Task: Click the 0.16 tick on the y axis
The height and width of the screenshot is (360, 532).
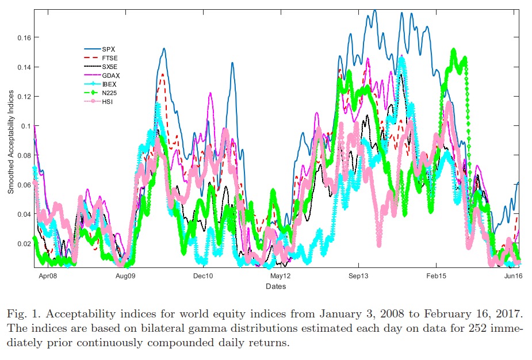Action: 23,37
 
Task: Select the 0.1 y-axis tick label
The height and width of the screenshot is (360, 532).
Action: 25,126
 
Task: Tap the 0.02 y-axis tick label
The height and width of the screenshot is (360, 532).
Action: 23,244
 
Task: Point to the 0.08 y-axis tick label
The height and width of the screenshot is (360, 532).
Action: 23,155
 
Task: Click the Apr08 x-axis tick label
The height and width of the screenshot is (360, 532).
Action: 48,277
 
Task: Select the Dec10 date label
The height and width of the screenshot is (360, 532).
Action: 203,277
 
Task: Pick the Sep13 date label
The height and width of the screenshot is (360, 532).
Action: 358,277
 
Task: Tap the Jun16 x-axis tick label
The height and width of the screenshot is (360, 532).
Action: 513,277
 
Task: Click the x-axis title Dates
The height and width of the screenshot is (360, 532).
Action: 276,286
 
